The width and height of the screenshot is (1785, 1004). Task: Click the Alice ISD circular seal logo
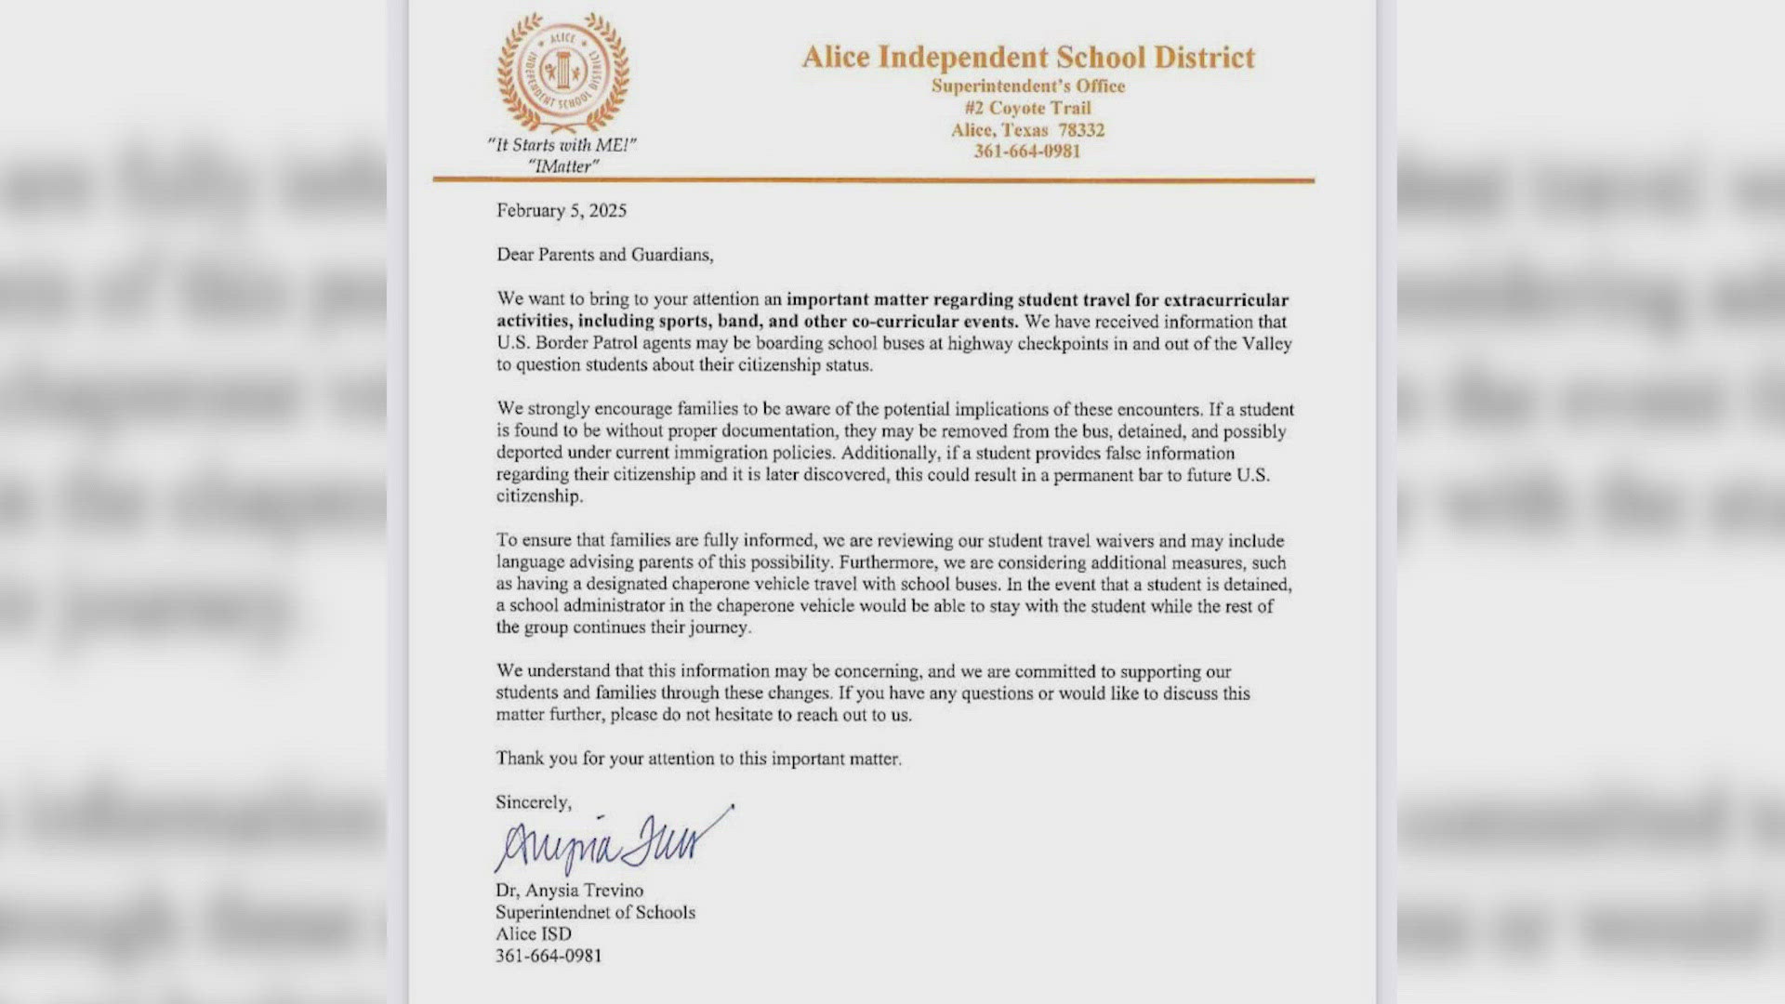coord(562,73)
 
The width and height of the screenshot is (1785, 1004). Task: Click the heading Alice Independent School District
coord(1028,58)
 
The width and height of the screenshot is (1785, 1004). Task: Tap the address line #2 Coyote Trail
coord(1027,108)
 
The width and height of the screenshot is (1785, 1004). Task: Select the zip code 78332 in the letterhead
coord(1081,130)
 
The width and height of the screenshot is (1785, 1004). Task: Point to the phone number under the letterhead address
coord(1027,152)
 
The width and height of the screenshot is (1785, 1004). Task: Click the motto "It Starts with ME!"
coord(562,145)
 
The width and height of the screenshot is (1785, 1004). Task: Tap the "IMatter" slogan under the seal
coord(563,166)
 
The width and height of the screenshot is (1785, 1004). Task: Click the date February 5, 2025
coord(562,211)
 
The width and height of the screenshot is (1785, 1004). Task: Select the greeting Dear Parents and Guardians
coord(604,255)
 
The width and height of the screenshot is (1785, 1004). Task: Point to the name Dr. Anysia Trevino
coord(569,891)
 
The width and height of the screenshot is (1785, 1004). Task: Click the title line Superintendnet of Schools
coord(595,913)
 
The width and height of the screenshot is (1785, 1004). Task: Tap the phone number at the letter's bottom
coord(549,956)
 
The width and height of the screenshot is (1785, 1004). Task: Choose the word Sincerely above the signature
coord(534,802)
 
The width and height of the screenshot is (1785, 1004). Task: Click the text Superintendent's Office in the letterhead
coord(1028,86)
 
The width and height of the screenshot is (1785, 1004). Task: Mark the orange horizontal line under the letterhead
coord(874,179)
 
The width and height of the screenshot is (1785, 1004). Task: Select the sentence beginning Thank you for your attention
coord(698,759)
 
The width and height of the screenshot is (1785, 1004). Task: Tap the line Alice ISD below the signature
coord(534,934)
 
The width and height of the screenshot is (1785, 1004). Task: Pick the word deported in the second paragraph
coord(529,454)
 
